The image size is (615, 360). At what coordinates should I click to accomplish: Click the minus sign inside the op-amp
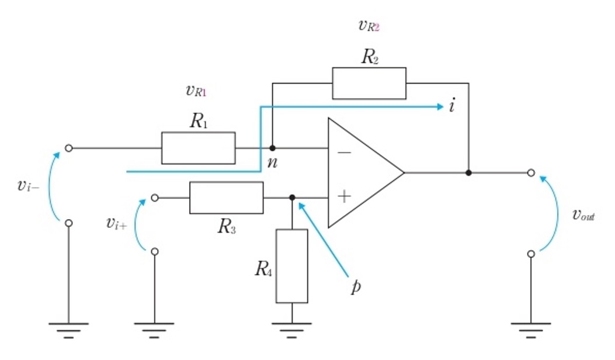coord(345,153)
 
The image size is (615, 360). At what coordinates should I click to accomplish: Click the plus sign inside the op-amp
coord(344,196)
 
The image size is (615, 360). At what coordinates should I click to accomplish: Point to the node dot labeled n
coord(272,148)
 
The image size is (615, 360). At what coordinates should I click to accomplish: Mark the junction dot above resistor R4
coord(292,198)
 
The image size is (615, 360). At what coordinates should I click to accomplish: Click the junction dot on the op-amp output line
coord(468,173)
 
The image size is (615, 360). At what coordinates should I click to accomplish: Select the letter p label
coord(356,286)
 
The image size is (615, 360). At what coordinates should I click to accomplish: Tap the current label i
coord(452,106)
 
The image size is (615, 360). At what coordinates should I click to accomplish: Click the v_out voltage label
coord(583,215)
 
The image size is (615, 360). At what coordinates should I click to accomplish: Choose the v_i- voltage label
coord(28,185)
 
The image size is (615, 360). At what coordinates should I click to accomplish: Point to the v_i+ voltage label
coord(116,223)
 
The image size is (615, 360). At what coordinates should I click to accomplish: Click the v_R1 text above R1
coord(196,91)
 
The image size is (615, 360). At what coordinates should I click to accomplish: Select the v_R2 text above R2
coord(369,26)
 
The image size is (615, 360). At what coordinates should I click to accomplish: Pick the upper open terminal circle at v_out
coord(531,173)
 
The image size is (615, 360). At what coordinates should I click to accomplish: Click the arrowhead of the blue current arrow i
coord(440,106)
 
